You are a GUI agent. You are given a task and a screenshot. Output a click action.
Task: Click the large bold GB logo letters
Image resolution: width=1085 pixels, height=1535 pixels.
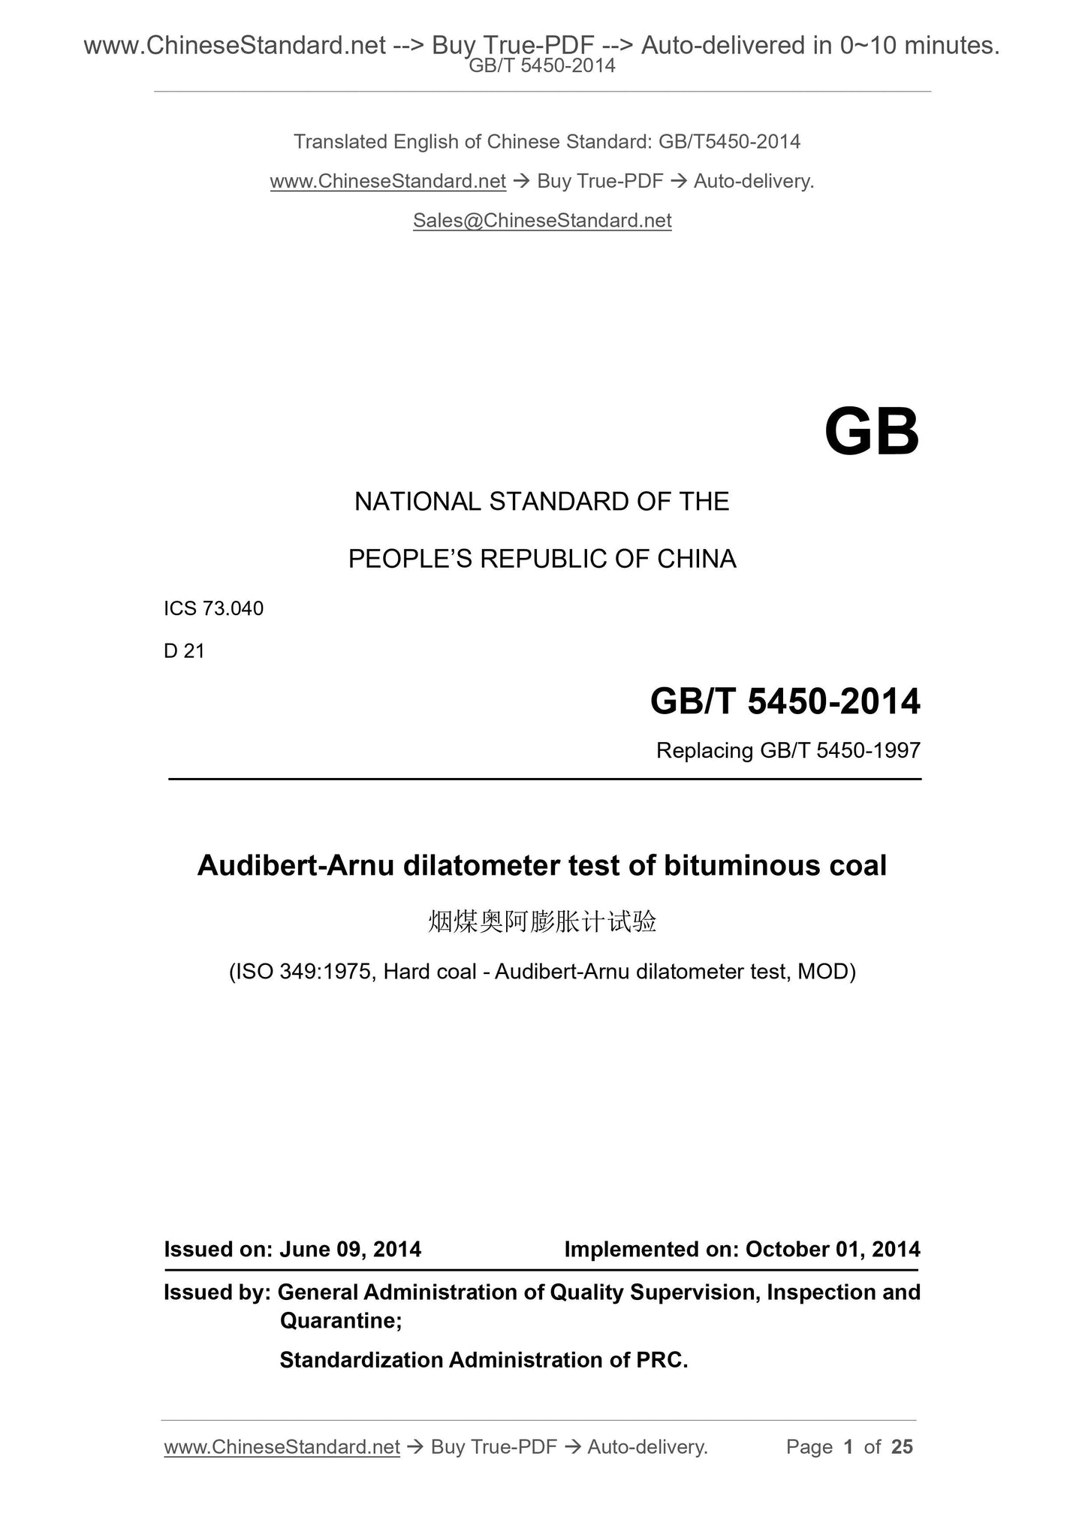coord(871,433)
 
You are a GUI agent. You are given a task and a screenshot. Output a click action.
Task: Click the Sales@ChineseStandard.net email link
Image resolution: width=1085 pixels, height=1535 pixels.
coord(542,221)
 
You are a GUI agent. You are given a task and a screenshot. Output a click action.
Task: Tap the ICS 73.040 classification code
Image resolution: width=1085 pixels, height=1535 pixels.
coord(214,609)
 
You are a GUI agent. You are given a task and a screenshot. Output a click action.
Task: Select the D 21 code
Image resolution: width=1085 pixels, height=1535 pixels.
coord(184,651)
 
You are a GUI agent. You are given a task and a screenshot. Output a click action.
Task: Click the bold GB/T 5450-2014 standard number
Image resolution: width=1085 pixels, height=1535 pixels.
coord(785,701)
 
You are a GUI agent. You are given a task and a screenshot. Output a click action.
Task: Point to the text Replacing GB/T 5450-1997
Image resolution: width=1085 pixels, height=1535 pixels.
coord(788,750)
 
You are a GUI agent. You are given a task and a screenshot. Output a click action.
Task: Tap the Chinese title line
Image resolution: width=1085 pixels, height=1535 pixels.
coord(542,921)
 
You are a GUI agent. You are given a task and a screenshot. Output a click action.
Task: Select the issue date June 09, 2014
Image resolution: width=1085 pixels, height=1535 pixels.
coord(350,1249)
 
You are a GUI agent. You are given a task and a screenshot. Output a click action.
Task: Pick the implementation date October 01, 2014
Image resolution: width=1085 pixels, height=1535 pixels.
coord(833,1249)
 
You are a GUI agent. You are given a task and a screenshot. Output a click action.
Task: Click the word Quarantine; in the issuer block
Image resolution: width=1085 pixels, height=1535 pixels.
coord(341,1320)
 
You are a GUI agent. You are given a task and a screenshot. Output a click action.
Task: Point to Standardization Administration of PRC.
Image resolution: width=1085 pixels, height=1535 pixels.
coord(484,1360)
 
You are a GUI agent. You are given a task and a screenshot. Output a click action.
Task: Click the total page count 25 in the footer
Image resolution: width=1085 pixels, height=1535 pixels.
coord(902,1446)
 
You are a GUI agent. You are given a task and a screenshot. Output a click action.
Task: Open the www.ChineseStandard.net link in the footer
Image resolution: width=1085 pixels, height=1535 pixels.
coord(282,1447)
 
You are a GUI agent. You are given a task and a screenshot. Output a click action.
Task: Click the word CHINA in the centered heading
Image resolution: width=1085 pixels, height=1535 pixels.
coord(696,559)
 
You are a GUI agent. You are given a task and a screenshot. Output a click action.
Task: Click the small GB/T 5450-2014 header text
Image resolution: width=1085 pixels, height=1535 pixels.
coord(542,66)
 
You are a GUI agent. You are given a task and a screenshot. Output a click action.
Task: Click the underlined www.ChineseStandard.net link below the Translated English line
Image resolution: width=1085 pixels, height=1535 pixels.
coord(388,182)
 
